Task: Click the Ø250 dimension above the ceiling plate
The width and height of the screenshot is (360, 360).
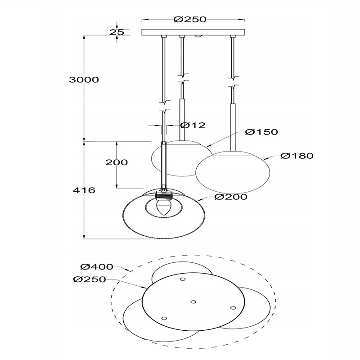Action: pyautogui.click(x=190, y=19)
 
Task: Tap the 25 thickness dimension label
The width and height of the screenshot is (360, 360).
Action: pyautogui.click(x=117, y=32)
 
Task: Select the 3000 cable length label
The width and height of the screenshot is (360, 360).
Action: pyautogui.click(x=84, y=80)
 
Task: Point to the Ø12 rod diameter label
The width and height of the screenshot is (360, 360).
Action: pyautogui.click(x=193, y=126)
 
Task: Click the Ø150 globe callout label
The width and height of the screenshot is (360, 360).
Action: pyautogui.click(x=261, y=132)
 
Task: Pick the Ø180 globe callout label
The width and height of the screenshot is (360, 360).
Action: pyautogui.click(x=297, y=156)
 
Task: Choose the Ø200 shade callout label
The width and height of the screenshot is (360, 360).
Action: pyautogui.click(x=231, y=197)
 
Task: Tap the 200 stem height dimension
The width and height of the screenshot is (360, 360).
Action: pyautogui.click(x=117, y=162)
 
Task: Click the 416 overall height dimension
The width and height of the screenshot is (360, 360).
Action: pyautogui.click(x=84, y=190)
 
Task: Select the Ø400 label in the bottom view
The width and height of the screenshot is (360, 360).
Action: pyautogui.click(x=97, y=267)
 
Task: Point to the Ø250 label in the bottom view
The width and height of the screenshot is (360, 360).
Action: pyautogui.click(x=90, y=279)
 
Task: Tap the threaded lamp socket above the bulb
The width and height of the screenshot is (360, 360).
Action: pyautogui.click(x=163, y=196)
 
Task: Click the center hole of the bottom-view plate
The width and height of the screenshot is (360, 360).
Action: pyautogui.click(x=193, y=301)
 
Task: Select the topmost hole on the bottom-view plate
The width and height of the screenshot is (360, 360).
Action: pyautogui.click(x=183, y=279)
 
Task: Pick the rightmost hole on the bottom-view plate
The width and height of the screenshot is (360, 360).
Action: pyautogui.click(x=233, y=308)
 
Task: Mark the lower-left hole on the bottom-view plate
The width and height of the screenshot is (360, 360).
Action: pyautogui.click(x=164, y=318)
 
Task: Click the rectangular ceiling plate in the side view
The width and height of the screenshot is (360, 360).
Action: pyautogui.click(x=193, y=32)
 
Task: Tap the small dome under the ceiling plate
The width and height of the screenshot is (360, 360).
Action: pyautogui.click(x=198, y=36)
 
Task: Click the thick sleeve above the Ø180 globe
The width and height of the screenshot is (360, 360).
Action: pyautogui.click(x=233, y=127)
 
